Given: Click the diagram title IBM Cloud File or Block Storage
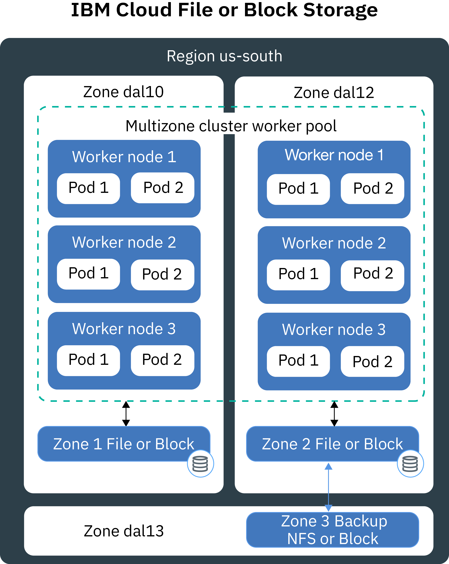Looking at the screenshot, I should (224, 11).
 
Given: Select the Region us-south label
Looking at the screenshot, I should (224, 56).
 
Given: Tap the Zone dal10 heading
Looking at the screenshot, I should (123, 92).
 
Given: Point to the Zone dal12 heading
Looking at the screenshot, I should (334, 93).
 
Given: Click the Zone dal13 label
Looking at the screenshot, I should (124, 531).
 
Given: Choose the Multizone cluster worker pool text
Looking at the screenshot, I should (231, 126).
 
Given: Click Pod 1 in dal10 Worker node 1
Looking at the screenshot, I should (88, 188).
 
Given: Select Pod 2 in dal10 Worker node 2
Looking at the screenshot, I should (162, 274).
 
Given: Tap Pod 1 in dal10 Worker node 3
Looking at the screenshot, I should (88, 360).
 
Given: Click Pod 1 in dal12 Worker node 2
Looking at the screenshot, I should (298, 274).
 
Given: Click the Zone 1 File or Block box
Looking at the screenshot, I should (123, 444).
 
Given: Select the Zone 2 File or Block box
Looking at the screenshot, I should (332, 444).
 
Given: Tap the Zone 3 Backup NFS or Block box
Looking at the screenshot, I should (332, 530).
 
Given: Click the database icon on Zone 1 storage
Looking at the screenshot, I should (200, 464).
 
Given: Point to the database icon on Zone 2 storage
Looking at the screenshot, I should (410, 464).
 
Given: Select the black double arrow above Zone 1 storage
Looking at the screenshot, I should (126, 414).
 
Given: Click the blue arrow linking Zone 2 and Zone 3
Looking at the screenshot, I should (328, 487).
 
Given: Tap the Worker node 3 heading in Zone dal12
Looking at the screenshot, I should (334, 330).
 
